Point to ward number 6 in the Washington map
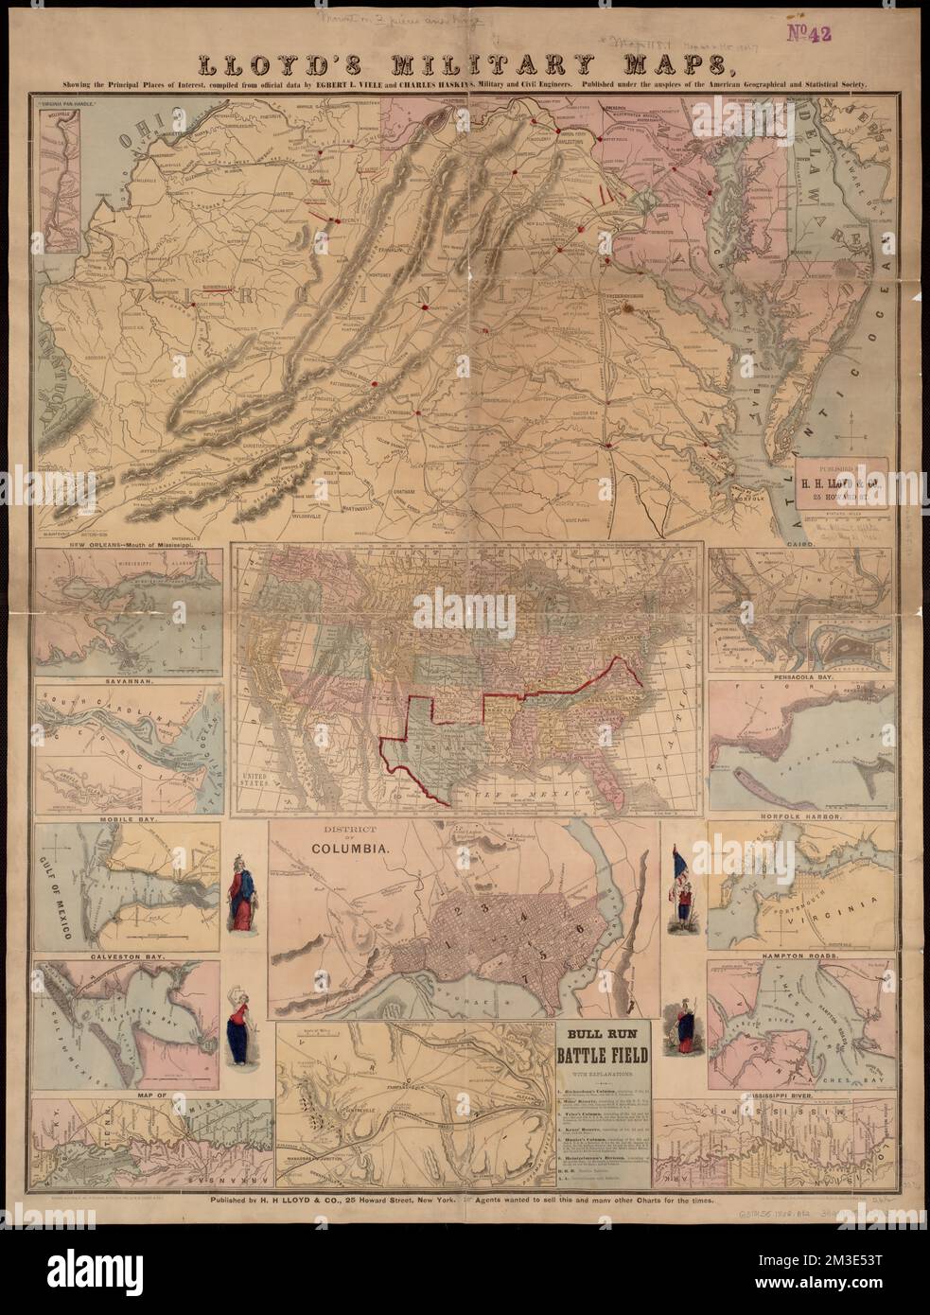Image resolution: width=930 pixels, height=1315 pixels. pos(578,928)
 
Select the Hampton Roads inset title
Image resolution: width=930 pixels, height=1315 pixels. pos(801,956)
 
